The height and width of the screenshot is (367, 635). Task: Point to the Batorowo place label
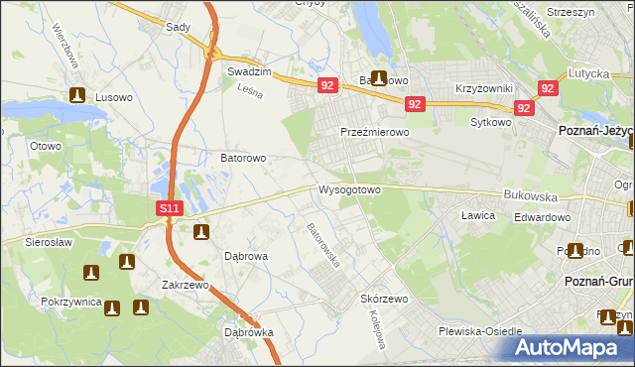(242, 158)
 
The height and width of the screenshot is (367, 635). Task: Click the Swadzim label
(250, 72)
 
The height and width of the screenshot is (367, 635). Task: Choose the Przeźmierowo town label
(375, 131)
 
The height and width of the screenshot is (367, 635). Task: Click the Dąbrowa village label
(235, 255)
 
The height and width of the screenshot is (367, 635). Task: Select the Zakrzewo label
(185, 285)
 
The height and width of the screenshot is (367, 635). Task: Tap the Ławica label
(478, 214)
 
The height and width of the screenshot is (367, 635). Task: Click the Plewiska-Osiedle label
(486, 332)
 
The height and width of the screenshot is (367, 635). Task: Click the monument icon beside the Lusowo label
(78, 97)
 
